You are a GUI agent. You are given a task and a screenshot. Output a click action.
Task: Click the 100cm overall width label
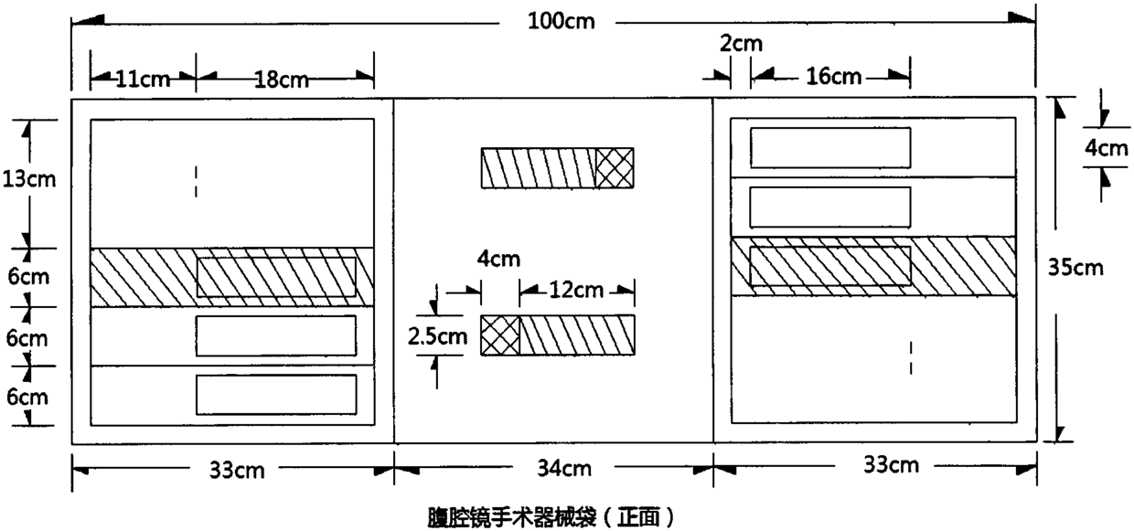561,21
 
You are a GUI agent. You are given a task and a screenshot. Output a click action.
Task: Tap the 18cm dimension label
280,80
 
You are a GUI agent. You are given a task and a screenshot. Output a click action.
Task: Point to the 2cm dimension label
740,43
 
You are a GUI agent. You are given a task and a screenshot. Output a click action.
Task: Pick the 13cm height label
28,178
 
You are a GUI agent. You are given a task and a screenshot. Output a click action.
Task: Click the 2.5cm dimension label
437,335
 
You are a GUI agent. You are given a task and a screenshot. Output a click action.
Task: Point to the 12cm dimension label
577,291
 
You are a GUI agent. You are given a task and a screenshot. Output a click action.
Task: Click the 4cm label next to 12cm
498,259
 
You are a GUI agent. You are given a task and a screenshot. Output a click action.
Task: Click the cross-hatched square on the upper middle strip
615,168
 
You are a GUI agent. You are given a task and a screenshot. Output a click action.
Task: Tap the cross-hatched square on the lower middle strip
500,335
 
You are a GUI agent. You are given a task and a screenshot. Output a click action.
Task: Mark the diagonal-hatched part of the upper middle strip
539,168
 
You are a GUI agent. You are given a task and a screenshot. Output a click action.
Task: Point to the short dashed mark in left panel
196,180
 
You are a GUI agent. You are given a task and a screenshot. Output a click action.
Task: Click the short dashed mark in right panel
911,357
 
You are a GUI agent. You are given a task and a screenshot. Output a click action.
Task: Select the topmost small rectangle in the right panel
830,148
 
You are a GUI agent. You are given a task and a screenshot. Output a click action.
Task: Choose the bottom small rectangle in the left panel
276,394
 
